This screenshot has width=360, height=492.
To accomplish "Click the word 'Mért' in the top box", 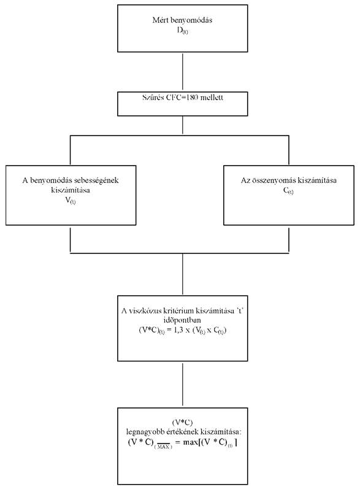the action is (x=158, y=20).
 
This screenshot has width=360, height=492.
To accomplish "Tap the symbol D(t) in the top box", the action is (x=183, y=31).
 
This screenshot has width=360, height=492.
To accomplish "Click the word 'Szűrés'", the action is (x=153, y=97).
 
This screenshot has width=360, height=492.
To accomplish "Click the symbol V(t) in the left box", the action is (x=71, y=201).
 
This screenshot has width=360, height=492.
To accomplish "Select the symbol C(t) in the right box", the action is (x=288, y=191).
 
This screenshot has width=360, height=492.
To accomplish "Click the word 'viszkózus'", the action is (x=145, y=311).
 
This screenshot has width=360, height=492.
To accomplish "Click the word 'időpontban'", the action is (x=182, y=320).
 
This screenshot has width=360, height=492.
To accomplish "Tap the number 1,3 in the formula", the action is (x=177, y=331).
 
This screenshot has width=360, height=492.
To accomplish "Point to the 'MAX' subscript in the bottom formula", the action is (x=163, y=447).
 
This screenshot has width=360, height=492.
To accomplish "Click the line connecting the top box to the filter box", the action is (x=183, y=72).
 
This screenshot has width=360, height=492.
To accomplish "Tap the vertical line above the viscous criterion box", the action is (x=183, y=274).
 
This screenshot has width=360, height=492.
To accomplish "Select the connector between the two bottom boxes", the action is (x=183, y=385).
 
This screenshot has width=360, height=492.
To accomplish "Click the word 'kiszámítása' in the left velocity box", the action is (x=71, y=190).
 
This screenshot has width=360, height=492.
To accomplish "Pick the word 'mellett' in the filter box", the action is (x=212, y=97).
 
